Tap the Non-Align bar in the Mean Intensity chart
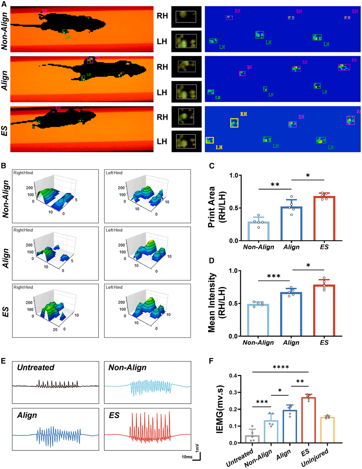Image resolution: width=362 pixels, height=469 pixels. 258,320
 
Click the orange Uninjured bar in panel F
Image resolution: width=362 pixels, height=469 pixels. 327,430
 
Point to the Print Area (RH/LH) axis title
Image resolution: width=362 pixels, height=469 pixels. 216,208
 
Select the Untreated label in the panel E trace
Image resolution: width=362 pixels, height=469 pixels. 36,368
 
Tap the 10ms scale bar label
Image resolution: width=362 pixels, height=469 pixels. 187,457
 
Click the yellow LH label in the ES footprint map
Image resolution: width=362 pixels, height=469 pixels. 219,148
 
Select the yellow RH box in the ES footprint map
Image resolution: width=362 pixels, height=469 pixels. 234,123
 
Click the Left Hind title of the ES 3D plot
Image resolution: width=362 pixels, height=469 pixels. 114,287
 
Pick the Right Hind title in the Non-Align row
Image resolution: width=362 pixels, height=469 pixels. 23,173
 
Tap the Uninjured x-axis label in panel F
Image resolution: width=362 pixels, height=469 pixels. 315,457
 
